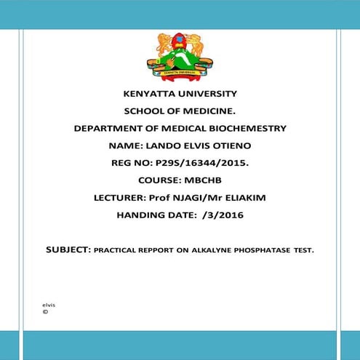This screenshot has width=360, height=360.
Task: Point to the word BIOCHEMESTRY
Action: pyautogui.click(x=244, y=128)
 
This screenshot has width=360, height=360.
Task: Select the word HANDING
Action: pyautogui.click(x=142, y=215)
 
